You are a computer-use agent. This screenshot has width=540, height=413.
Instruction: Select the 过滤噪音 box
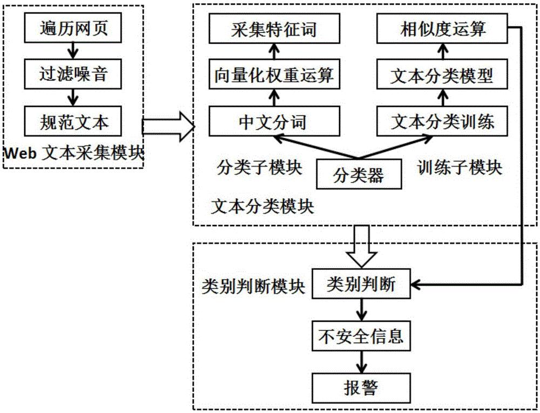tap(75, 73)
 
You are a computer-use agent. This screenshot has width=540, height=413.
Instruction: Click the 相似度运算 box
tap(442, 29)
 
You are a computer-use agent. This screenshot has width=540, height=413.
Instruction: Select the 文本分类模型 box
tap(442, 76)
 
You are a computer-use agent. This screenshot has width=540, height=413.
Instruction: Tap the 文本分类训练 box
tap(442, 121)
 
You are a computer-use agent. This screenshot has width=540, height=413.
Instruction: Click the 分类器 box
tap(359, 175)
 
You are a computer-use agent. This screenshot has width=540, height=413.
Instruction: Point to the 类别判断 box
tap(360, 285)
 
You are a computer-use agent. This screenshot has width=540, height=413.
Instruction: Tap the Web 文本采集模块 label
tap(73, 153)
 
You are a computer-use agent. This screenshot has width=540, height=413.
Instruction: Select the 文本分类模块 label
tap(262, 206)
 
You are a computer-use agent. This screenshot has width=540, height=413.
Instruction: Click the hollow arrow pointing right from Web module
tap(168, 126)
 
